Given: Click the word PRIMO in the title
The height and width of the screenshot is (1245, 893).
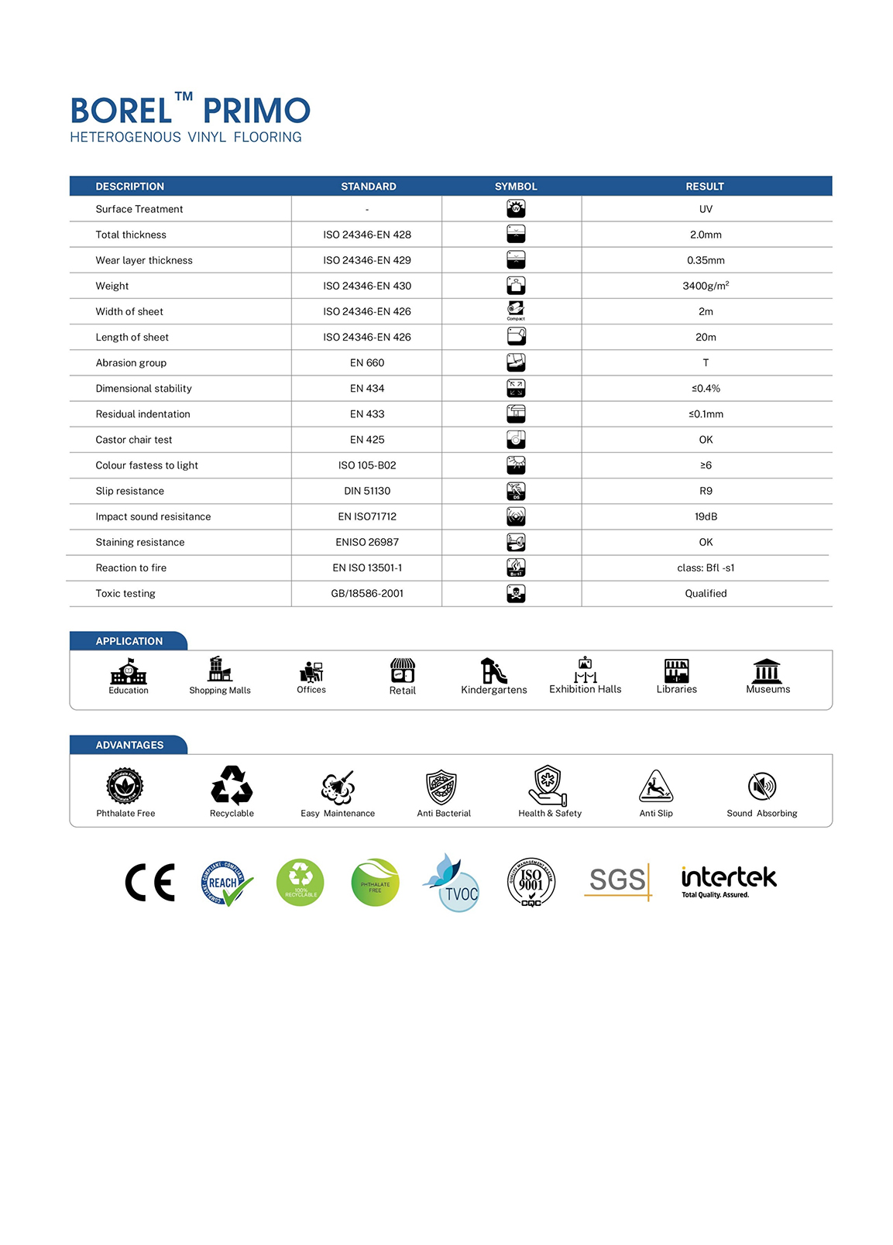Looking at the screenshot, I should click(x=256, y=111).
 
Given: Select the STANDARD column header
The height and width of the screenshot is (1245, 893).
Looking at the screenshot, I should click(x=368, y=187).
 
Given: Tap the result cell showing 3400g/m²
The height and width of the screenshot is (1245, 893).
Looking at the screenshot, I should click(x=705, y=286).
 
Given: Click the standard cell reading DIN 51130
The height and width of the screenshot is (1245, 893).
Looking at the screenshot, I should click(x=367, y=491).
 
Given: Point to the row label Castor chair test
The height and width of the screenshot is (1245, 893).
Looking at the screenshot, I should click(x=134, y=440).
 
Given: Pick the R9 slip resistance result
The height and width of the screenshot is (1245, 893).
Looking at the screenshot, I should click(x=706, y=491).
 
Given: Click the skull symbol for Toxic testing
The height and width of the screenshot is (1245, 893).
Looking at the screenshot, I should click(x=516, y=593).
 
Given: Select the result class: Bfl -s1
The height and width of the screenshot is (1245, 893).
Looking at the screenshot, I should click(x=706, y=568).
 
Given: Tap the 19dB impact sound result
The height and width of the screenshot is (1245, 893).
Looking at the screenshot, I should click(x=706, y=516).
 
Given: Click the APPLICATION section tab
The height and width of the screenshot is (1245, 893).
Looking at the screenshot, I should click(x=129, y=641).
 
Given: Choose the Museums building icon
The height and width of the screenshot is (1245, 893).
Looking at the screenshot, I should click(x=767, y=671).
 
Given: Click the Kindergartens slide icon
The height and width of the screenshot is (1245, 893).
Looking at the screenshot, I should click(x=493, y=671).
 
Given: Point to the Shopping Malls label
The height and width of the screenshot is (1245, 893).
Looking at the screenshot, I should click(x=220, y=691).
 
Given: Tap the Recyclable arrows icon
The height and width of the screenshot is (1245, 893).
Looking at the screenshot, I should click(x=232, y=786).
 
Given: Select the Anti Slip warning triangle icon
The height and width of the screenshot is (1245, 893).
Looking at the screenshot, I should click(x=655, y=787).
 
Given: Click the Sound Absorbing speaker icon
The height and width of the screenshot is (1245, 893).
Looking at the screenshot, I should click(x=762, y=787).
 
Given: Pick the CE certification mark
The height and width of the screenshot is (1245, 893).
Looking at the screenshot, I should click(x=150, y=883).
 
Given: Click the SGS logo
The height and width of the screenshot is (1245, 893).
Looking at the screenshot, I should click(x=618, y=880).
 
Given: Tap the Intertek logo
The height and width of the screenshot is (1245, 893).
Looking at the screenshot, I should click(x=728, y=881).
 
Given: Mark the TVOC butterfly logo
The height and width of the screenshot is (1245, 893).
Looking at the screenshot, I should click(x=452, y=883).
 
